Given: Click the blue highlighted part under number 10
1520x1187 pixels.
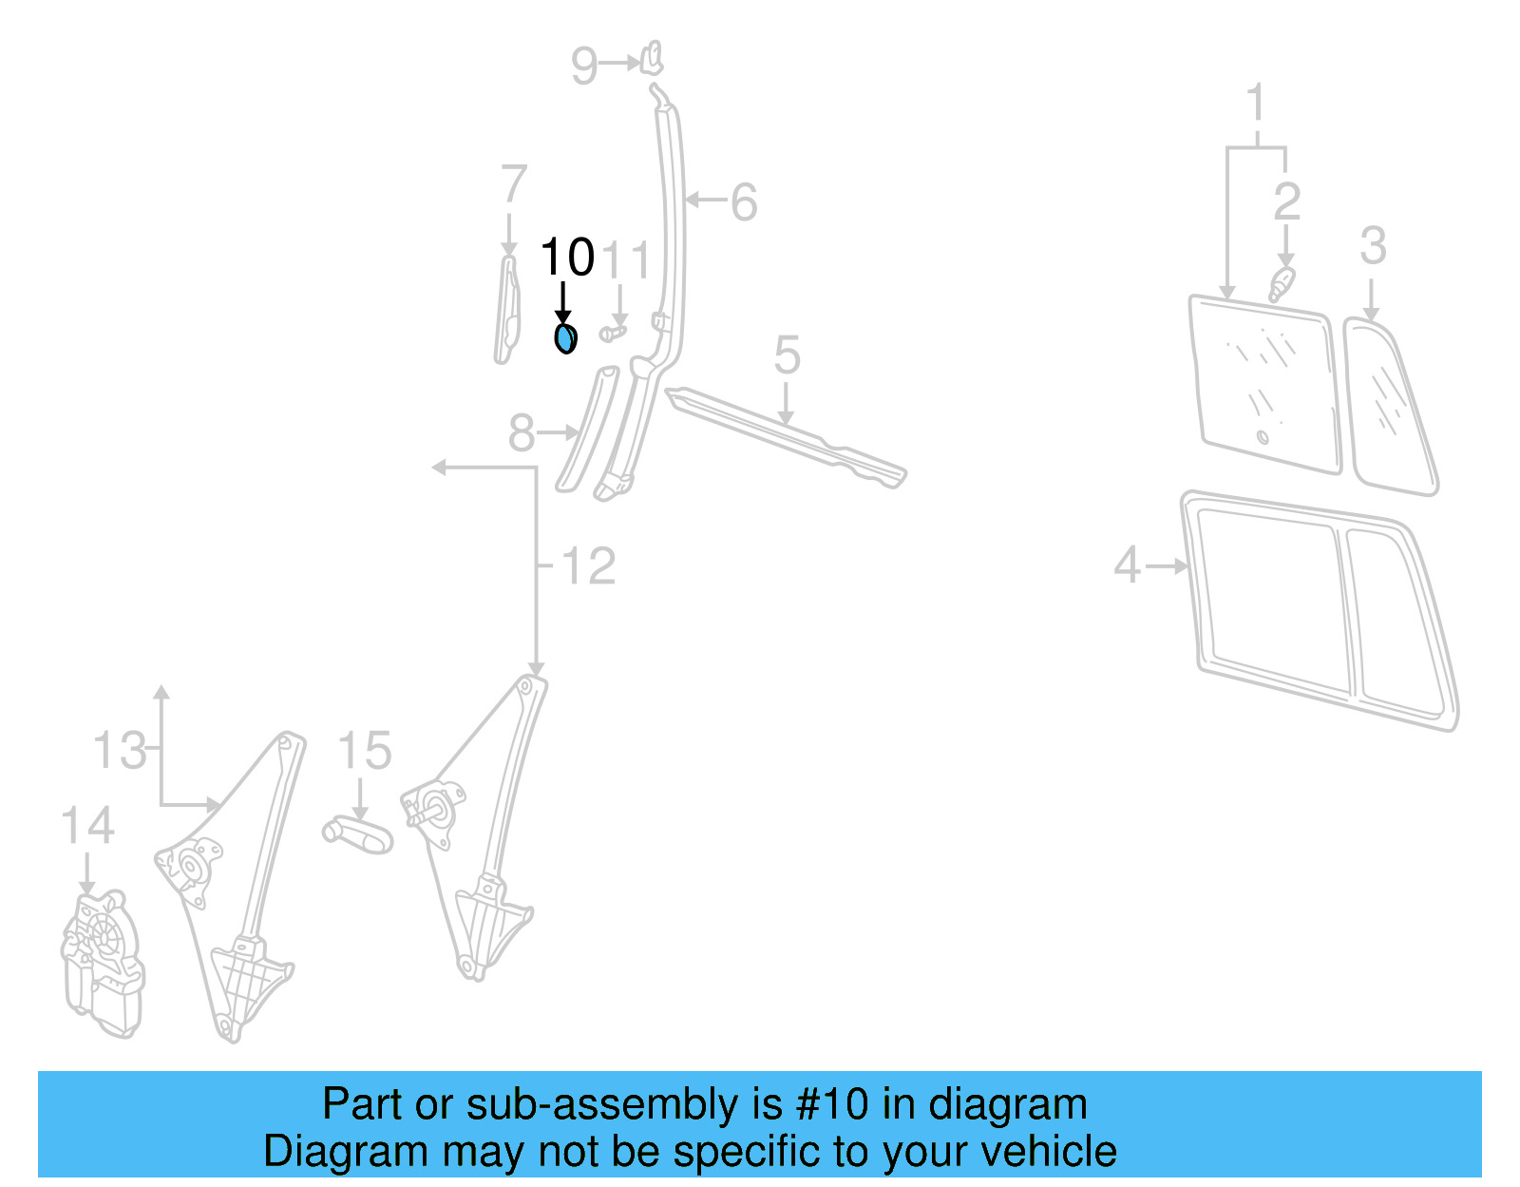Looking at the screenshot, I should tap(564, 337).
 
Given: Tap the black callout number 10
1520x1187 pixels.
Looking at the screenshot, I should tap(567, 258).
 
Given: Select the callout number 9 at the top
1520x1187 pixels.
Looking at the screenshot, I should tap(584, 66).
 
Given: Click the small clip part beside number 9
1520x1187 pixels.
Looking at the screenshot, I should tap(653, 58).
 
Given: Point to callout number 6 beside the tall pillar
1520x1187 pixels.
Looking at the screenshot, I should tap(744, 202).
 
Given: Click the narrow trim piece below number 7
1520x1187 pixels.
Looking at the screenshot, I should tap(507, 310).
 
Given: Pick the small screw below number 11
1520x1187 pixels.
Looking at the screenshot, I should tap(614, 333).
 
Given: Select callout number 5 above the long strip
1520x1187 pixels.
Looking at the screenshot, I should tap(787, 356).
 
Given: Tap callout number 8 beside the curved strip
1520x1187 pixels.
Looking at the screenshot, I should tap(522, 433).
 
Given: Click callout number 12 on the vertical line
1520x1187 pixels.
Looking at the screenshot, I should tap(588, 566).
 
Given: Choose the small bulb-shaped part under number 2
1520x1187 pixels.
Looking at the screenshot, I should tap(1282, 283).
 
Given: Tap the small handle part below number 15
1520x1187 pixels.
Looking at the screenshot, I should tap(358, 833).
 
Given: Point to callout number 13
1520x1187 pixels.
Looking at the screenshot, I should tap(120, 751).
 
